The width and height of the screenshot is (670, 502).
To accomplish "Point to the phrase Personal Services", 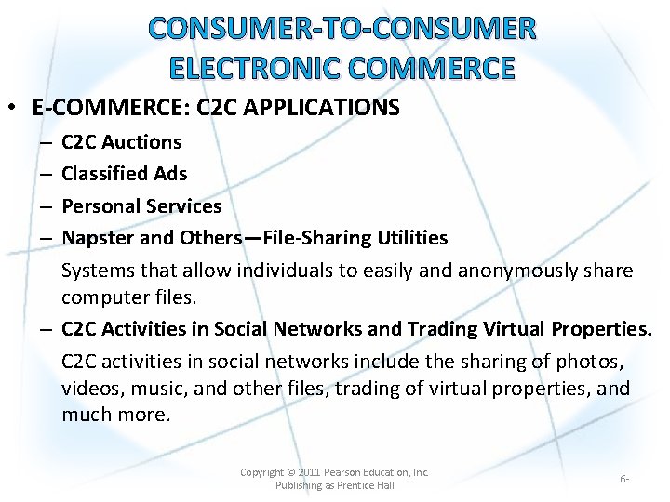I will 141,206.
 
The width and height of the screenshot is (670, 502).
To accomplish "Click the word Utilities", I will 412,238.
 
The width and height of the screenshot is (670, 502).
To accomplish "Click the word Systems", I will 98,271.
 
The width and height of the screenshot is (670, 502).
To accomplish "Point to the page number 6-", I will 624,479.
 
